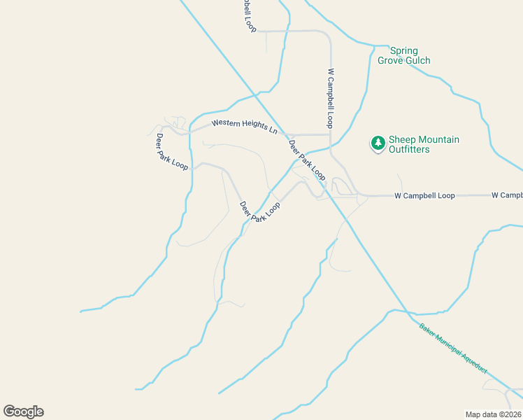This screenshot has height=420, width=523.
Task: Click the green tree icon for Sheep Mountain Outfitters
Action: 378,143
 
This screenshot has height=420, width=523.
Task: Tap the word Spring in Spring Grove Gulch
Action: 403,50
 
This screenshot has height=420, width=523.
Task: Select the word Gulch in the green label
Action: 417,61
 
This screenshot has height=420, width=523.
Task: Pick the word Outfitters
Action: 409,149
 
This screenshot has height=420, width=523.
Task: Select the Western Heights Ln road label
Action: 245,127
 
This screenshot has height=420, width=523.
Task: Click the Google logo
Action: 23,411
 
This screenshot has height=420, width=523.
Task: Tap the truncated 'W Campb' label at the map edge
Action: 507,195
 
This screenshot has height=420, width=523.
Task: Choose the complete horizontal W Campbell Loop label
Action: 424,195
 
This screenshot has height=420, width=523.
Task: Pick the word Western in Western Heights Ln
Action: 227,124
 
